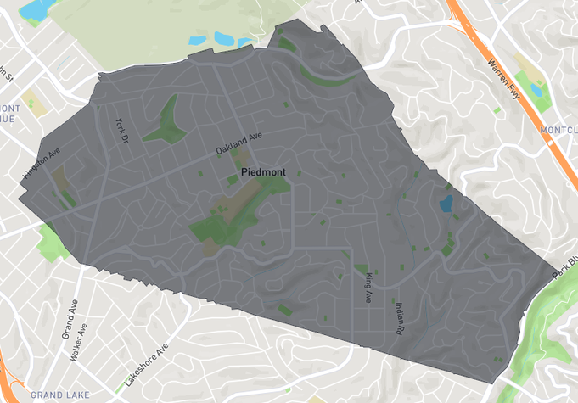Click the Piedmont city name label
pyautogui.click(x=263, y=172)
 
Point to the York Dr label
pyautogui.click(x=121, y=129)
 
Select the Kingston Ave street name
pyautogui.click(x=42, y=162)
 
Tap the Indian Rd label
pyautogui.click(x=399, y=319)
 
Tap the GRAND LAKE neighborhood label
pyautogui.click(x=59, y=395)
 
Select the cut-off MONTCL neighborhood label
pyautogui.click(x=558, y=130)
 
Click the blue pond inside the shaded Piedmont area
pyautogui.click(x=446, y=203)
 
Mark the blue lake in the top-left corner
pyautogui.click(x=37, y=9)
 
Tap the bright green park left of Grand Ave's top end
pyautogui.click(x=52, y=243)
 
